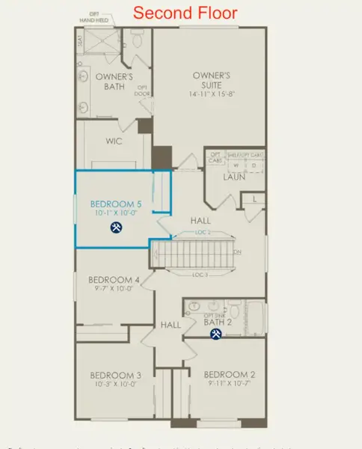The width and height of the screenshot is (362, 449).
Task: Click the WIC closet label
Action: tap(114, 141)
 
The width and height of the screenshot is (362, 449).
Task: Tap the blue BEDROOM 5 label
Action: tap(116, 204)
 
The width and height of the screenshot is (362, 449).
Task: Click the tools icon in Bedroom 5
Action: tap(117, 227)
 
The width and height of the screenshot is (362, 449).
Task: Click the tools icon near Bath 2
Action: tap(216, 334)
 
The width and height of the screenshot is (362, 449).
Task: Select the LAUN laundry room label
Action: tap(236, 178)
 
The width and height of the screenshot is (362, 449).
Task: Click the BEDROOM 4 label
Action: tap(114, 281)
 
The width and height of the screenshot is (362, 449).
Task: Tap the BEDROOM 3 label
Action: tap(116, 374)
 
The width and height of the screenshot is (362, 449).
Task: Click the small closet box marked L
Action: tap(255, 198)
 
